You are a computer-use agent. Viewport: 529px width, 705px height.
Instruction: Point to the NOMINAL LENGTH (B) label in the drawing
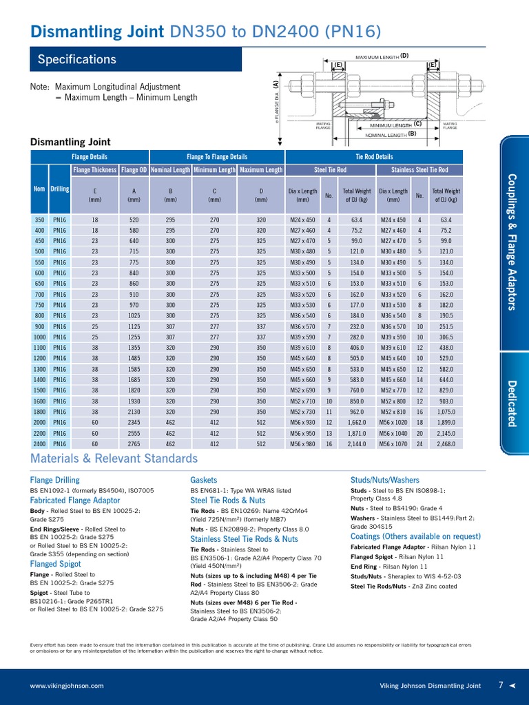(393, 134)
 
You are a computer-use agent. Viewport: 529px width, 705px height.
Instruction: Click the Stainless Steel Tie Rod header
(419, 170)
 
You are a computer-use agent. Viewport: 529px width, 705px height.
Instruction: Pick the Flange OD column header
(134, 170)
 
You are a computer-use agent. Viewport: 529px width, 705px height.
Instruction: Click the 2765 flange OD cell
(134, 443)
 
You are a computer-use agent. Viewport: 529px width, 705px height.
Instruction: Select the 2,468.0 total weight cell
(446, 443)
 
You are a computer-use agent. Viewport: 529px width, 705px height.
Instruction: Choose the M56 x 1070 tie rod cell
(393, 443)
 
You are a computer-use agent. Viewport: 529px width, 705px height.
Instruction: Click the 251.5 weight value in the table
(446, 326)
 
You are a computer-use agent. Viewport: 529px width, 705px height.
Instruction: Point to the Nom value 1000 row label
(39, 337)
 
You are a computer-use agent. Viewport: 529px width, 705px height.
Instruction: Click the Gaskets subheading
(203, 480)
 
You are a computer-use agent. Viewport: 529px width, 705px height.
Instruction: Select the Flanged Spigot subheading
(55, 564)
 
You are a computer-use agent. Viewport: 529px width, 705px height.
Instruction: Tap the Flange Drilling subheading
(54, 480)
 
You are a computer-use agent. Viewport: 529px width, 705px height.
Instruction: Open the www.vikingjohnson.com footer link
(67, 686)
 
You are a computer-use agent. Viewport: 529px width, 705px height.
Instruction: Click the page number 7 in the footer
(501, 685)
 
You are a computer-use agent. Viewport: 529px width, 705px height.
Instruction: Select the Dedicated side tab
(512, 403)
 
